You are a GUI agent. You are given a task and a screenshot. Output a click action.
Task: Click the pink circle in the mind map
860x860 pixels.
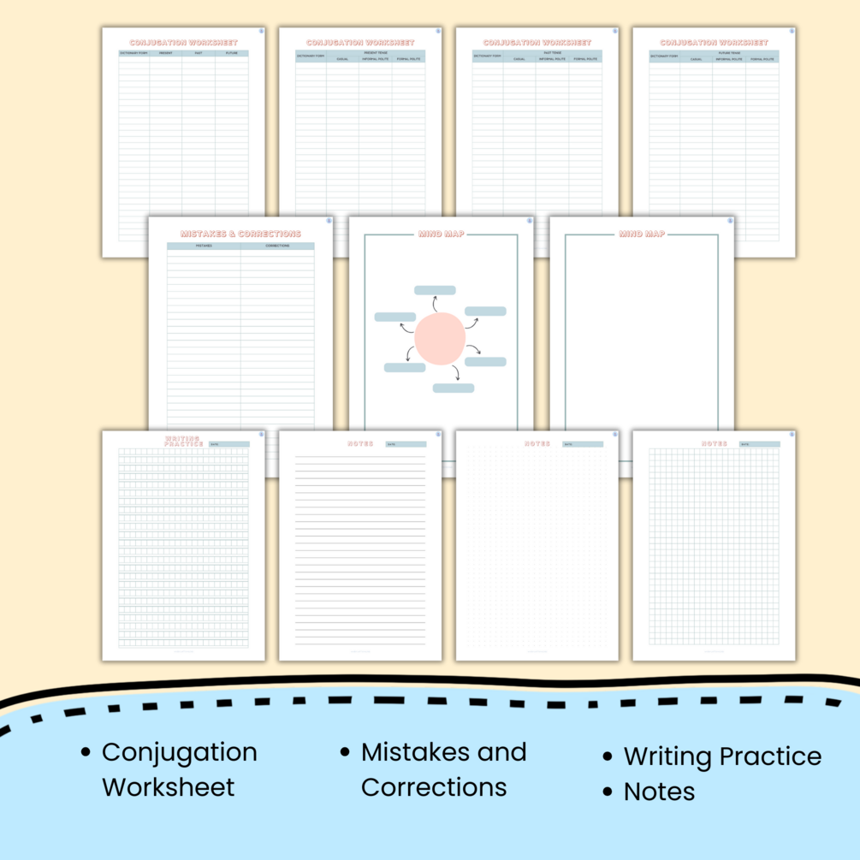pos(440,339)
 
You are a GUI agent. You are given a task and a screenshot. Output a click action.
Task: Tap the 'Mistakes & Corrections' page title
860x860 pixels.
pos(240,234)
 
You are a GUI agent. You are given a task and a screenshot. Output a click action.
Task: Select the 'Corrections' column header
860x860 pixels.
pos(277,246)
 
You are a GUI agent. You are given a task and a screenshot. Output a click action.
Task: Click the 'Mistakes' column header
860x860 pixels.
pos(204,246)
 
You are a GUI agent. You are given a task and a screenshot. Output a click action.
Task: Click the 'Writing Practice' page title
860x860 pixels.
pos(183,442)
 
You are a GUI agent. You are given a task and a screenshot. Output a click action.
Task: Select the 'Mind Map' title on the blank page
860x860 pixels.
pos(642,234)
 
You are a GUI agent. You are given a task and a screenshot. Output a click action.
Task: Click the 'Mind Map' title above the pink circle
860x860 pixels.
pos(441,234)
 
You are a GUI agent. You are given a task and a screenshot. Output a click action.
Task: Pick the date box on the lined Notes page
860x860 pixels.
pos(405,444)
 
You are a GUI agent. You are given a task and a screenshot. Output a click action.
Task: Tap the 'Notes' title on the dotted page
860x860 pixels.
pos(537,443)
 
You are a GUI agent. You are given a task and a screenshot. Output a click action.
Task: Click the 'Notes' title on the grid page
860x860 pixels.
pos(714,443)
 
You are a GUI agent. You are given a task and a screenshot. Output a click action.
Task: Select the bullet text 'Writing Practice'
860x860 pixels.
pos(722,756)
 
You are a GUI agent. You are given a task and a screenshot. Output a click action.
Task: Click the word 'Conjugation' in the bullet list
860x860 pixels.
pos(179,752)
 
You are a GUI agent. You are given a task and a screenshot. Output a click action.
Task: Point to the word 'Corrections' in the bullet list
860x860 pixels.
pos(434,786)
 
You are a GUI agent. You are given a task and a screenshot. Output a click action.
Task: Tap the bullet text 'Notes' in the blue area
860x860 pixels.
pos(659,792)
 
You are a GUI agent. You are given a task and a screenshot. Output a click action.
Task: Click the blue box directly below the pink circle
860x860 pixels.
pos(453,388)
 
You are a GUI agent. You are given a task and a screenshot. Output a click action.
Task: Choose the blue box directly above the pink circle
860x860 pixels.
pos(435,290)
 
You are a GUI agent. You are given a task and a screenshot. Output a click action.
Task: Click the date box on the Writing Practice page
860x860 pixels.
pos(228,444)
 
